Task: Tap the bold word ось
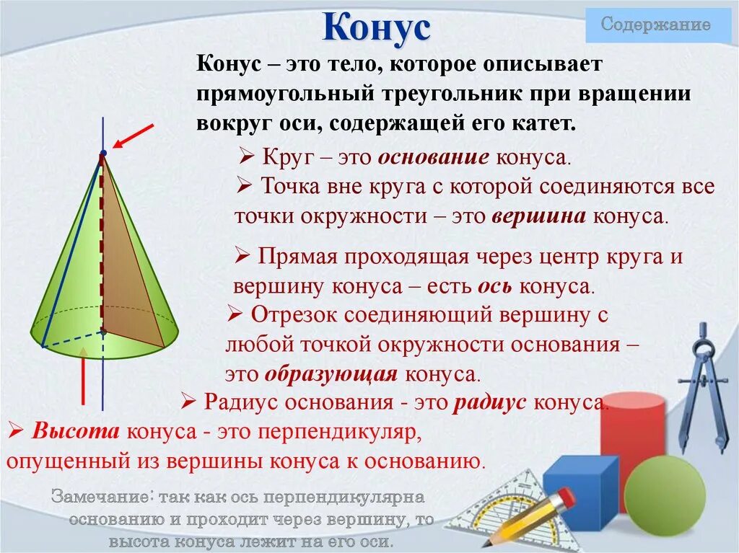[x=495, y=286]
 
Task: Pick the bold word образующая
[x=331, y=374]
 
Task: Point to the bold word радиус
[x=489, y=402]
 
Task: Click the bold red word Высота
[x=76, y=433]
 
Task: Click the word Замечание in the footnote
[x=101, y=497]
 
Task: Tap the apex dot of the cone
[x=103, y=153]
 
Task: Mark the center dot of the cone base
[x=103, y=331]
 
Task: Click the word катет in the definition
[x=545, y=123]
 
